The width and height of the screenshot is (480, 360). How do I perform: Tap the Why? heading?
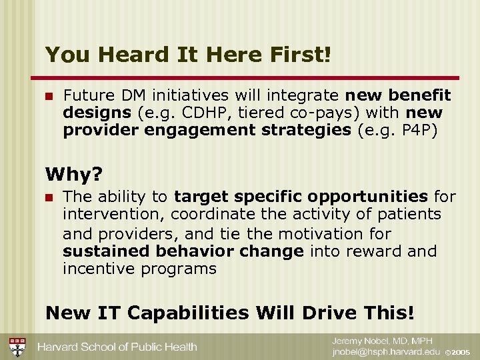(x=74, y=175)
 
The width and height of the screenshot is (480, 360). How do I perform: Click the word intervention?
(x=113, y=215)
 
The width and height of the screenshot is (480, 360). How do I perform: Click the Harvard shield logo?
(x=17, y=347)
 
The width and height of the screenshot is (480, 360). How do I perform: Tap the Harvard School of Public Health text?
(x=117, y=347)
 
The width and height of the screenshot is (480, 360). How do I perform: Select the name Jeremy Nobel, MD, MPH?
(x=382, y=341)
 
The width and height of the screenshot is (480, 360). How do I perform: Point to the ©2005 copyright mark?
(x=458, y=352)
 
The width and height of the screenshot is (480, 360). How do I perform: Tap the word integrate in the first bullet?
(x=305, y=96)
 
